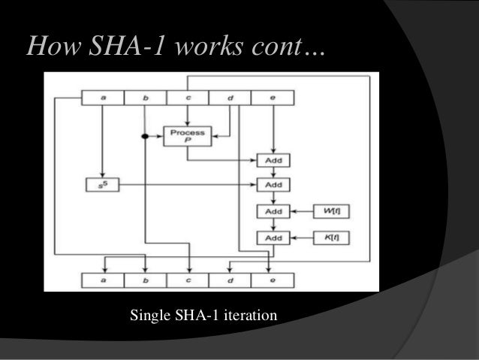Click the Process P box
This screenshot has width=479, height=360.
(x=188, y=135)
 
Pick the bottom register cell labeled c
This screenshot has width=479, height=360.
(x=188, y=280)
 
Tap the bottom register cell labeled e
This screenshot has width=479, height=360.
(x=272, y=280)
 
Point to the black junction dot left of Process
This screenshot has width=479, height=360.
(x=144, y=137)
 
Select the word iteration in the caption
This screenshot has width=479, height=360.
(x=249, y=312)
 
